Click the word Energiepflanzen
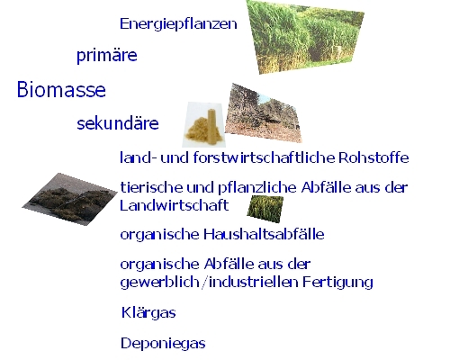178,24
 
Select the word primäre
107,56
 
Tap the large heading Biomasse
61,89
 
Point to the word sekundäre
118,123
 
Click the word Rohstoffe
373,157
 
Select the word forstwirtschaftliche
264,157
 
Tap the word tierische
151,187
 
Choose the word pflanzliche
257,188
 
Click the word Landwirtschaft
174,205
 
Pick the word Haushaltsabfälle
264,234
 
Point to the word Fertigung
337,283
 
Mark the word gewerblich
159,283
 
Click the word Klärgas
148,313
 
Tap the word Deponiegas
163,343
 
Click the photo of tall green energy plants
305,37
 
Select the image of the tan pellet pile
203,124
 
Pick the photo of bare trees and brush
263,113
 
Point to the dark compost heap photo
70,199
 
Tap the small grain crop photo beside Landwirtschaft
265,209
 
